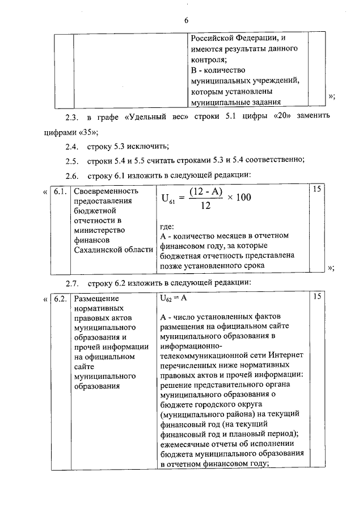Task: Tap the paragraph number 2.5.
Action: click(x=71, y=161)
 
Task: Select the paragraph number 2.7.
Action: click(x=71, y=282)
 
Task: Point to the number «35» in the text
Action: click(x=89, y=132)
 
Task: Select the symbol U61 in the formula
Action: click(x=168, y=199)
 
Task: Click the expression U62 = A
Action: click(x=174, y=298)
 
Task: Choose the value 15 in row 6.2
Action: click(x=317, y=297)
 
